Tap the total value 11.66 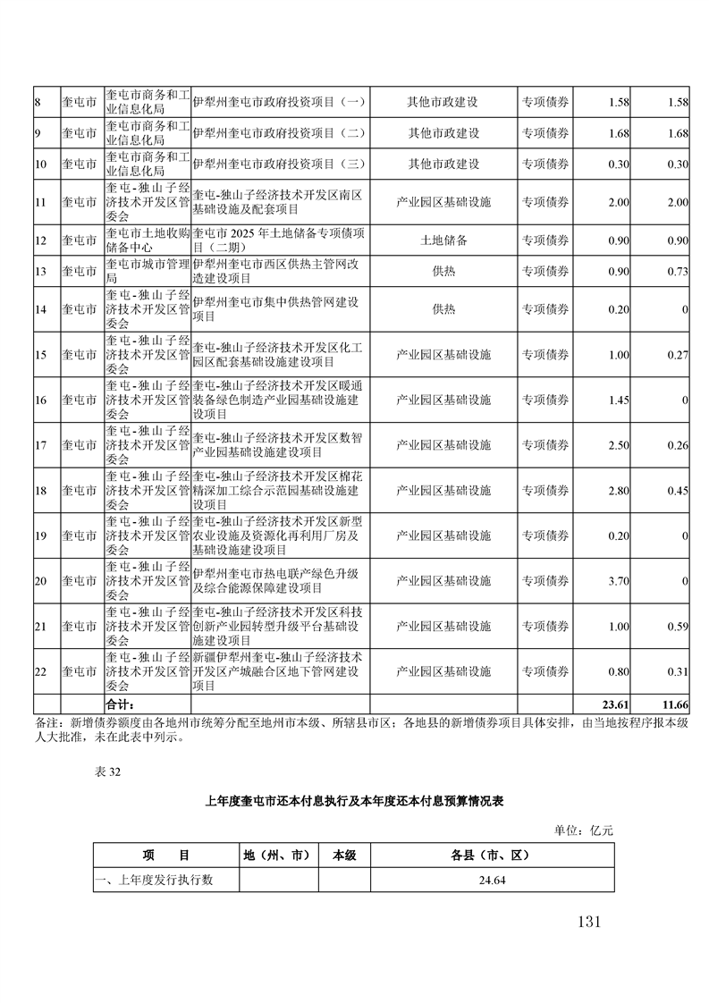(673, 704)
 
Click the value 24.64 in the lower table (492, 881)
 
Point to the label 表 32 (106, 774)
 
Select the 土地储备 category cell (443, 240)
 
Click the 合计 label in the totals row (120, 704)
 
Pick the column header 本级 (344, 855)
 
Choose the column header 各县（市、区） (492, 855)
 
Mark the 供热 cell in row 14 (443, 309)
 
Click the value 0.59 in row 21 (677, 626)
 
